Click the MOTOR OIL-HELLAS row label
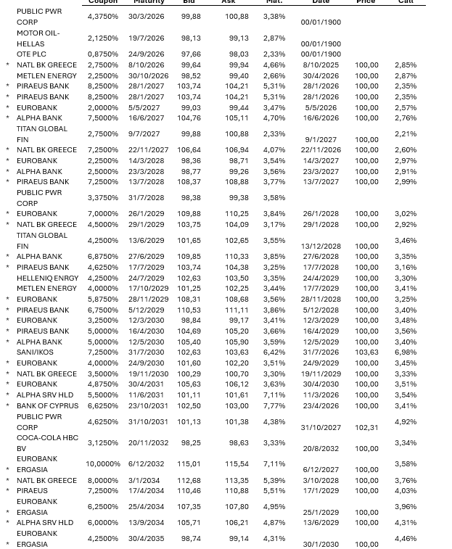pyautogui.click(x=38, y=38)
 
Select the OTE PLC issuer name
pyautogui.click(x=31, y=54)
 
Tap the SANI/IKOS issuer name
pyautogui.click(x=35, y=352)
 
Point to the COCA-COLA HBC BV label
pyautogui.click(x=47, y=443)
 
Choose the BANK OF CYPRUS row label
pyautogui.click(x=48, y=406)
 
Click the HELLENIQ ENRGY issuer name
pyautogui.click(x=48, y=278)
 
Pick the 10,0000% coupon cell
pyautogui.click(x=102, y=464)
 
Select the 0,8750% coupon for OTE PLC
pyautogui.click(x=102, y=54)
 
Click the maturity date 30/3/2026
pyautogui.click(x=147, y=16)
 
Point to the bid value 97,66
pyautogui.click(x=191, y=54)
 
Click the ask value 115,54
pyautogui.click(x=237, y=464)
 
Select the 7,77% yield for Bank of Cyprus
pyautogui.click(x=274, y=406)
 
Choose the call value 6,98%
pyautogui.click(x=406, y=352)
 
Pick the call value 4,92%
pyautogui.click(x=406, y=421)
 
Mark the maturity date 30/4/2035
pyautogui.click(x=147, y=539)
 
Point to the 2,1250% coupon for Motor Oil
pyautogui.click(x=102, y=38)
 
